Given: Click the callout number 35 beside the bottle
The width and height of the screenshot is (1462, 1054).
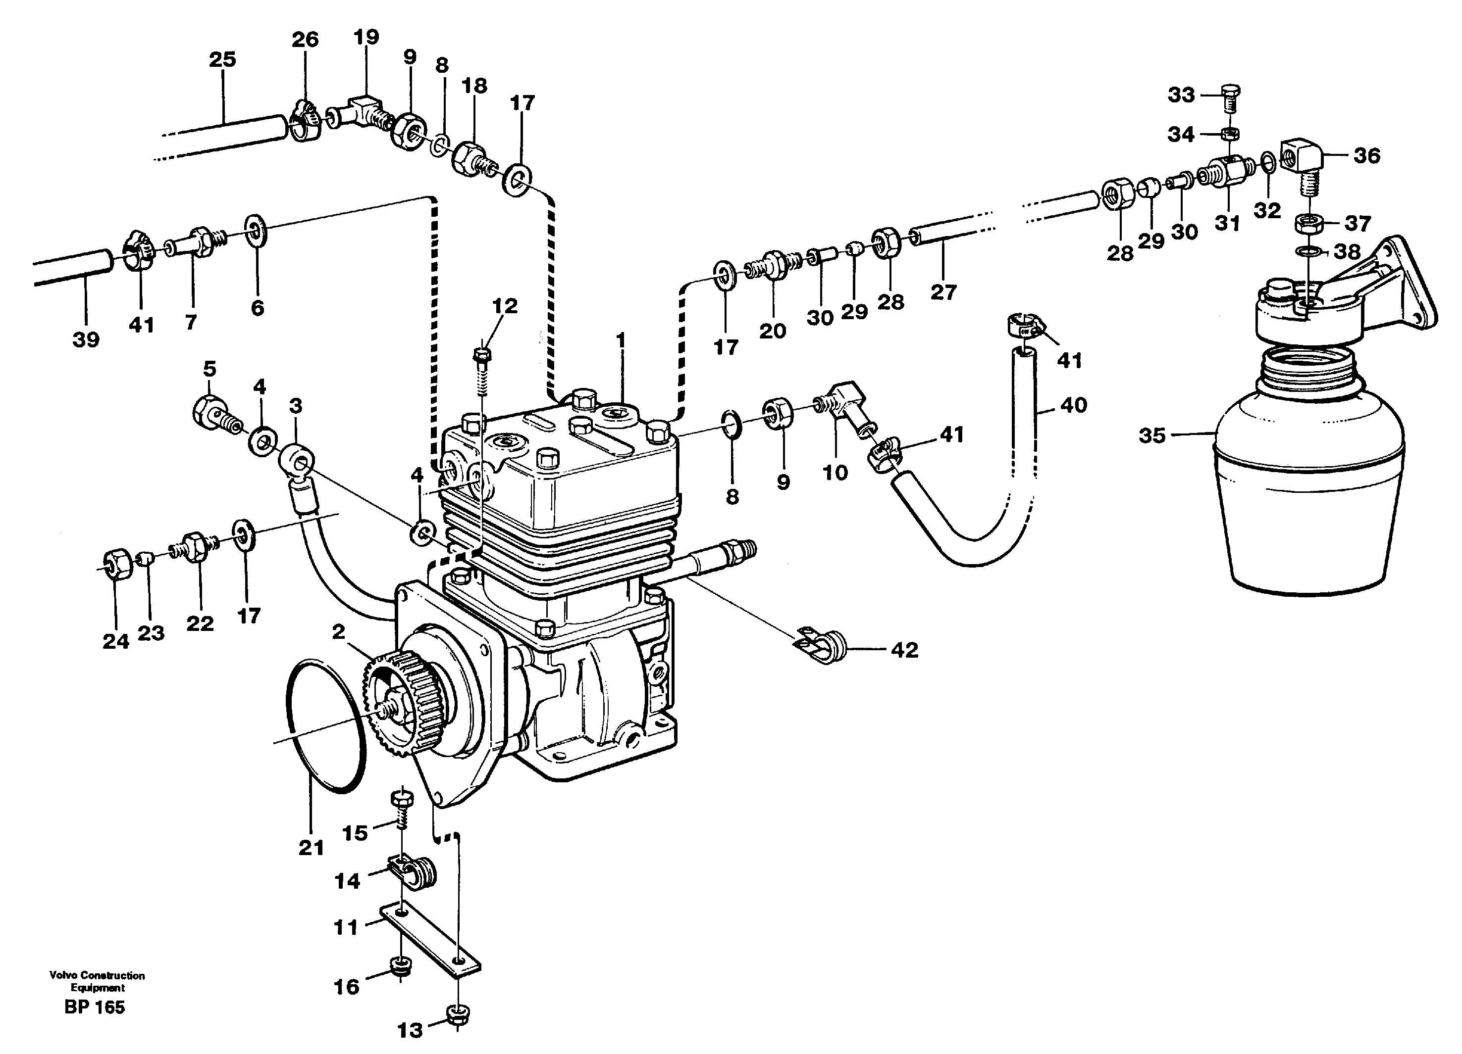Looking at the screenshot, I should tap(1152, 436).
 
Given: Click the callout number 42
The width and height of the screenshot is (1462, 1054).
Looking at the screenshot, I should tap(904, 650).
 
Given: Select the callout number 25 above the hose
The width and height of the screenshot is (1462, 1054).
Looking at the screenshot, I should tap(222, 60).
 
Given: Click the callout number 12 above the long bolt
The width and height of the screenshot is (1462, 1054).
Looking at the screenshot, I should tap(505, 306).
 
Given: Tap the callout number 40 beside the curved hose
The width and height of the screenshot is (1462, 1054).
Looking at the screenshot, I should tap(1073, 405).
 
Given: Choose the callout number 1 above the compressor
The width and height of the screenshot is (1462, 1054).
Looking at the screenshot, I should tap(621, 340).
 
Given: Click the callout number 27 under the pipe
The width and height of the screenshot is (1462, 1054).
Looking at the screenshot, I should tap(943, 292).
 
